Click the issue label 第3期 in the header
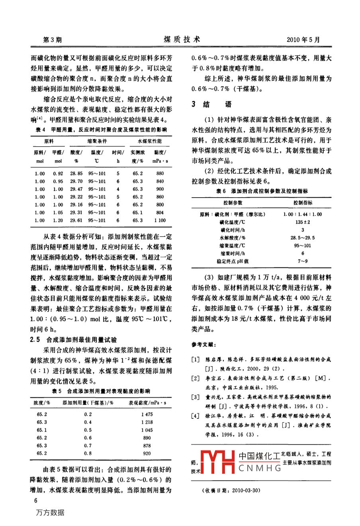click(52, 40)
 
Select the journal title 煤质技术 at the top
click(182, 39)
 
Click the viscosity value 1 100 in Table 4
click(160, 220)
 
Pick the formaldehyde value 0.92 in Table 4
click(58, 174)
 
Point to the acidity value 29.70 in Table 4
click(76, 181)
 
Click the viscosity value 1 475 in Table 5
click(147, 414)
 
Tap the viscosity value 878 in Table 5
click(147, 446)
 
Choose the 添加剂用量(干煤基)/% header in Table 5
click(88, 403)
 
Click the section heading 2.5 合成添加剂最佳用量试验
click(74, 340)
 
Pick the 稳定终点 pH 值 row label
click(233, 261)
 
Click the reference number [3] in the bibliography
click(195, 397)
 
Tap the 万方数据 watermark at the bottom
click(50, 512)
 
